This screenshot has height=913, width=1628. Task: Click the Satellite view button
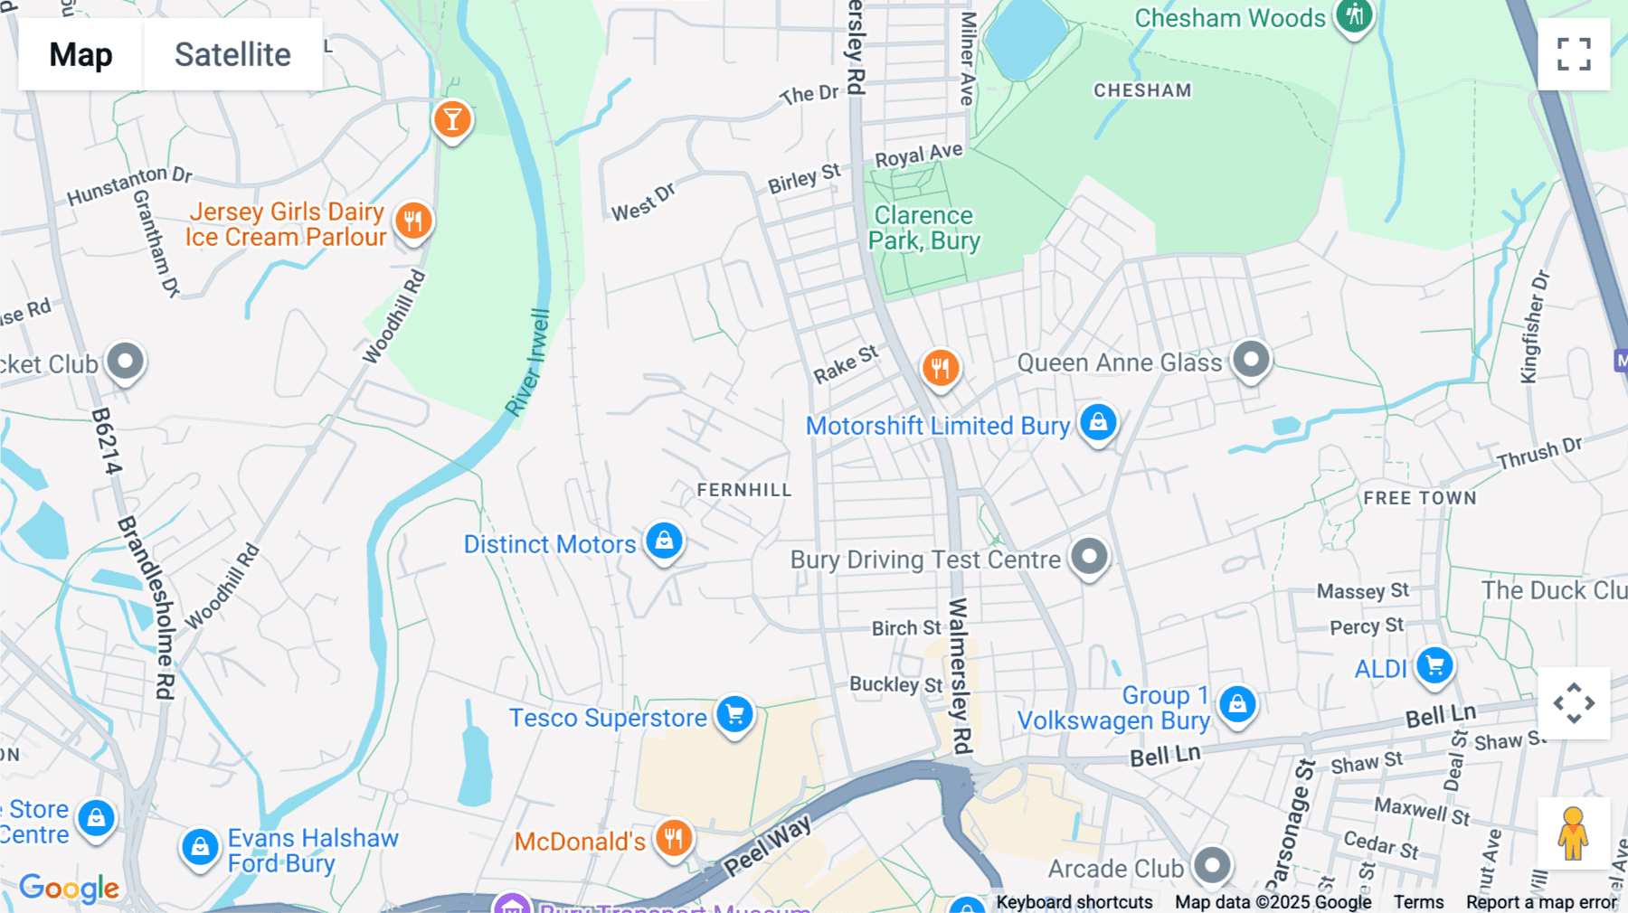tap(232, 54)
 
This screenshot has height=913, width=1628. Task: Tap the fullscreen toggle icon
tap(1574, 54)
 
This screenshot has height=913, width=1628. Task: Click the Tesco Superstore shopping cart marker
tap(734, 715)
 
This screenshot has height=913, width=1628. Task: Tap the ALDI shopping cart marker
tap(1434, 666)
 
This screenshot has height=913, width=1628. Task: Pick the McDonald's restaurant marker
tap(674, 839)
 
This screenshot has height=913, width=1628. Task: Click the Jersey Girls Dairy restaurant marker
tap(413, 221)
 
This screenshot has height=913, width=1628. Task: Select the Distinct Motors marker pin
tap(664, 541)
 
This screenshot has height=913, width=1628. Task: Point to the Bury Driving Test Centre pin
tap(1089, 557)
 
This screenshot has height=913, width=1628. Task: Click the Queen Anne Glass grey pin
tap(1251, 360)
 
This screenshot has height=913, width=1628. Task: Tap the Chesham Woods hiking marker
tap(1354, 15)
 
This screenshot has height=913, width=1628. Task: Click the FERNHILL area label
tap(743, 490)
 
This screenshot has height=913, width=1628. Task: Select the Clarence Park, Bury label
tap(923, 228)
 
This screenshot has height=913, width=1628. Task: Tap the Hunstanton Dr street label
tap(129, 184)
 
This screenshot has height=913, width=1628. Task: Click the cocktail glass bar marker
tap(452, 119)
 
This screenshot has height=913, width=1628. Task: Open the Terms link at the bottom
tap(1418, 901)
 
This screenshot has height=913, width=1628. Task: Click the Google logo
tap(69, 888)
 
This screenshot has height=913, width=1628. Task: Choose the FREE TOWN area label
tap(1419, 498)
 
